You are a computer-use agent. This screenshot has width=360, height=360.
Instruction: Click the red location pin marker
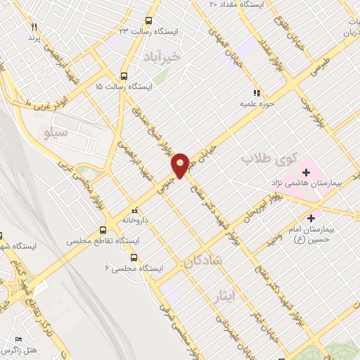click(180, 165)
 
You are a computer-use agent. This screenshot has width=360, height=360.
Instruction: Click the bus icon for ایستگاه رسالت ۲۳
click(148, 20)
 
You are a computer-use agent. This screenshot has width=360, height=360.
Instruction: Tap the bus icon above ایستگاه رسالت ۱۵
click(124, 77)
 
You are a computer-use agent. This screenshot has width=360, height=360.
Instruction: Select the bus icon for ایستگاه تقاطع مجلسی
click(103, 230)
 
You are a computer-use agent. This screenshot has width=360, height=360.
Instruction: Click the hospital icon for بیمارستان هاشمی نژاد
click(307, 171)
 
